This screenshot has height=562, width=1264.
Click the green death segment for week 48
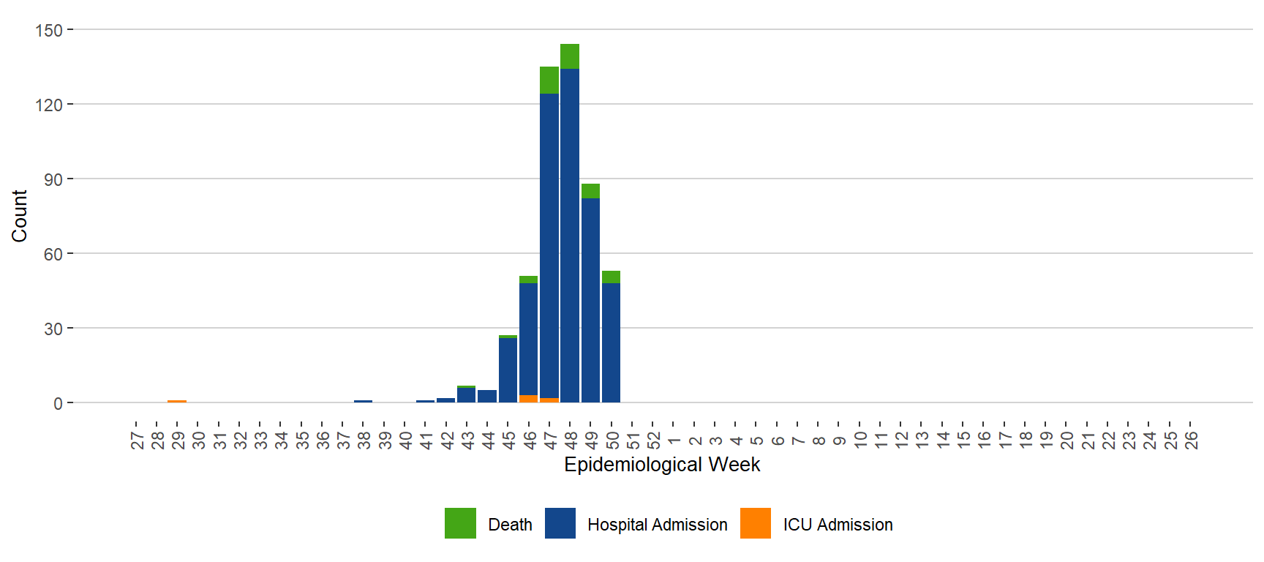(x=570, y=56)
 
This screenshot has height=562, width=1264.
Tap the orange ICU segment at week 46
(x=528, y=399)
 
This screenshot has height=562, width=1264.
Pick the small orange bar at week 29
(x=177, y=401)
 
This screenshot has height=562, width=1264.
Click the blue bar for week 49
(x=590, y=300)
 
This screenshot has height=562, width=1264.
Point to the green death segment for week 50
(x=611, y=277)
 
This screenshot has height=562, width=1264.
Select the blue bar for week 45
(x=508, y=370)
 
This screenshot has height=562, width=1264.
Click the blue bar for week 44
(x=487, y=396)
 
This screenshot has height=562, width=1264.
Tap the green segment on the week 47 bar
(x=549, y=80)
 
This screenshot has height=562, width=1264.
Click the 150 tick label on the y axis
(x=49, y=30)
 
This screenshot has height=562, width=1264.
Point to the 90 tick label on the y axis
(x=53, y=179)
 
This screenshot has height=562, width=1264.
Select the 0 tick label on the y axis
(x=58, y=403)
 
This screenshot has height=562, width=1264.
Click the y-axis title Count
(x=19, y=216)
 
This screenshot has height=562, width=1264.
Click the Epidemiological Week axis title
(x=662, y=465)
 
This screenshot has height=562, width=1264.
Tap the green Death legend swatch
(x=460, y=523)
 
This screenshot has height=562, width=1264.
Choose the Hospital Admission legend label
(x=657, y=525)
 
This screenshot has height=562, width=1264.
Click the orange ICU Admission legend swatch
(x=755, y=523)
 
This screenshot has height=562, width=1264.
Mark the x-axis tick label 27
(x=137, y=440)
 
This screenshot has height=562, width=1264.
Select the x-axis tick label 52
(x=653, y=440)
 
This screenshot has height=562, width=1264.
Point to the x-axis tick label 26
(x=1191, y=440)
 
